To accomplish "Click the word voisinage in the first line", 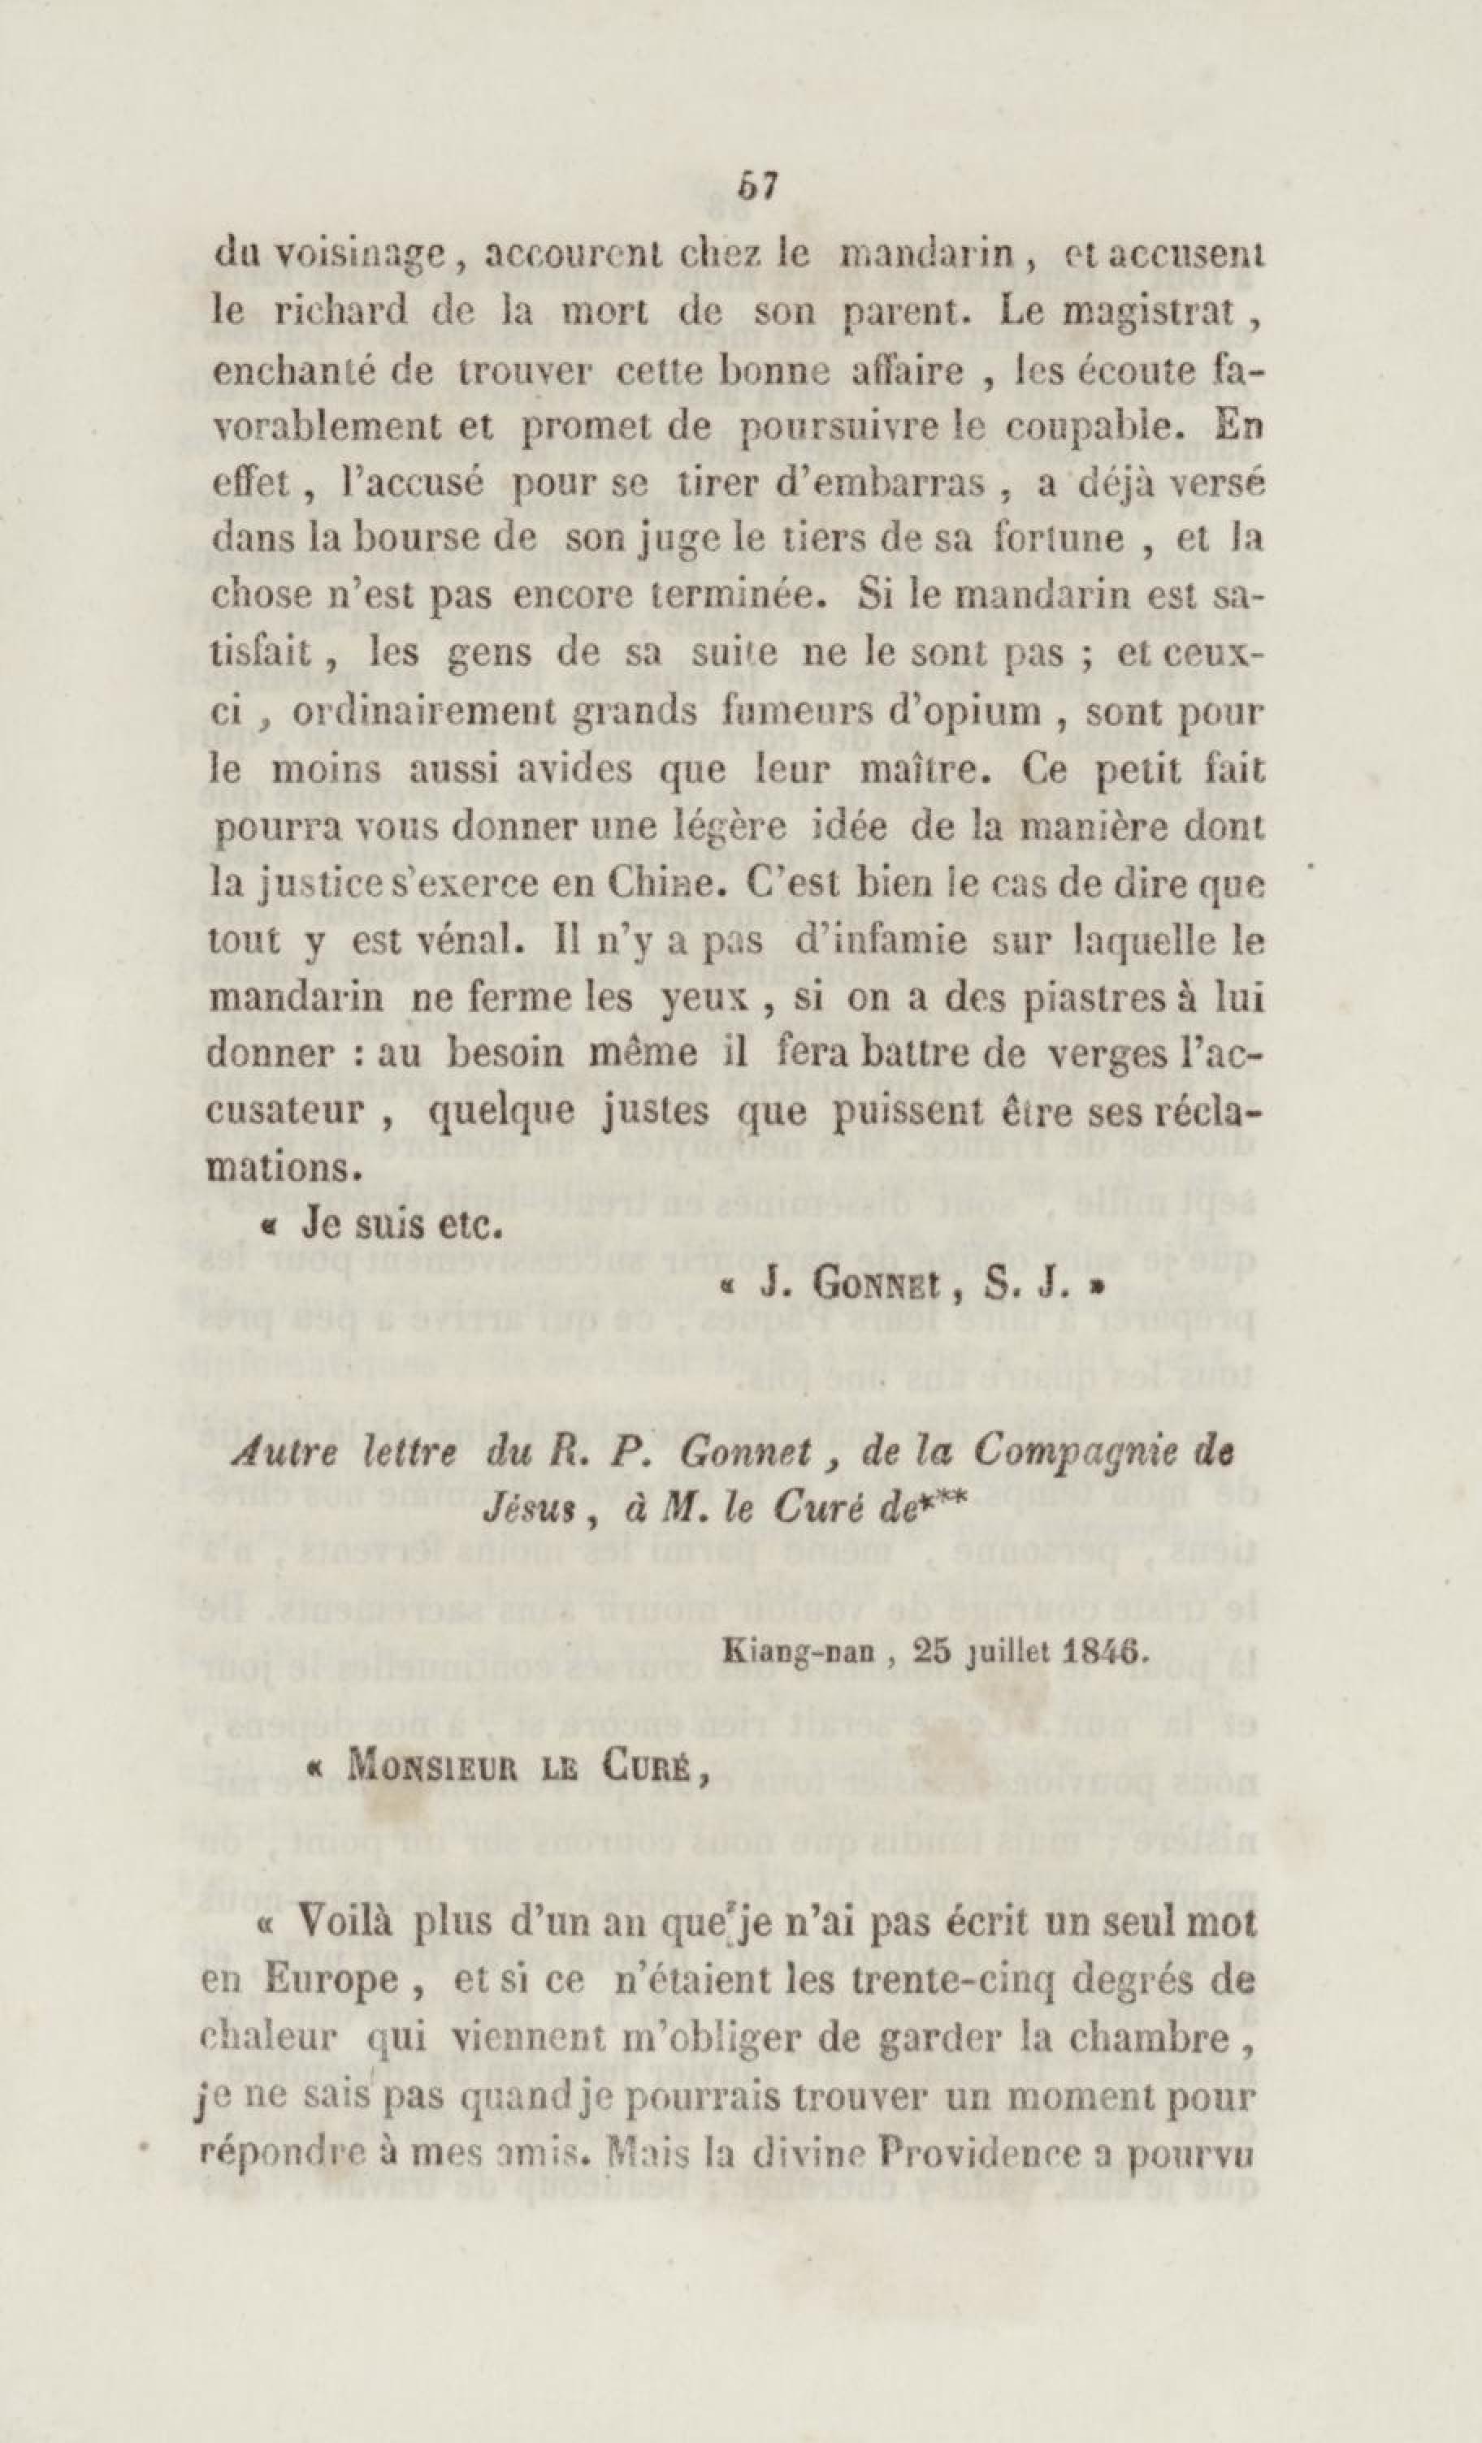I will (333, 257).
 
